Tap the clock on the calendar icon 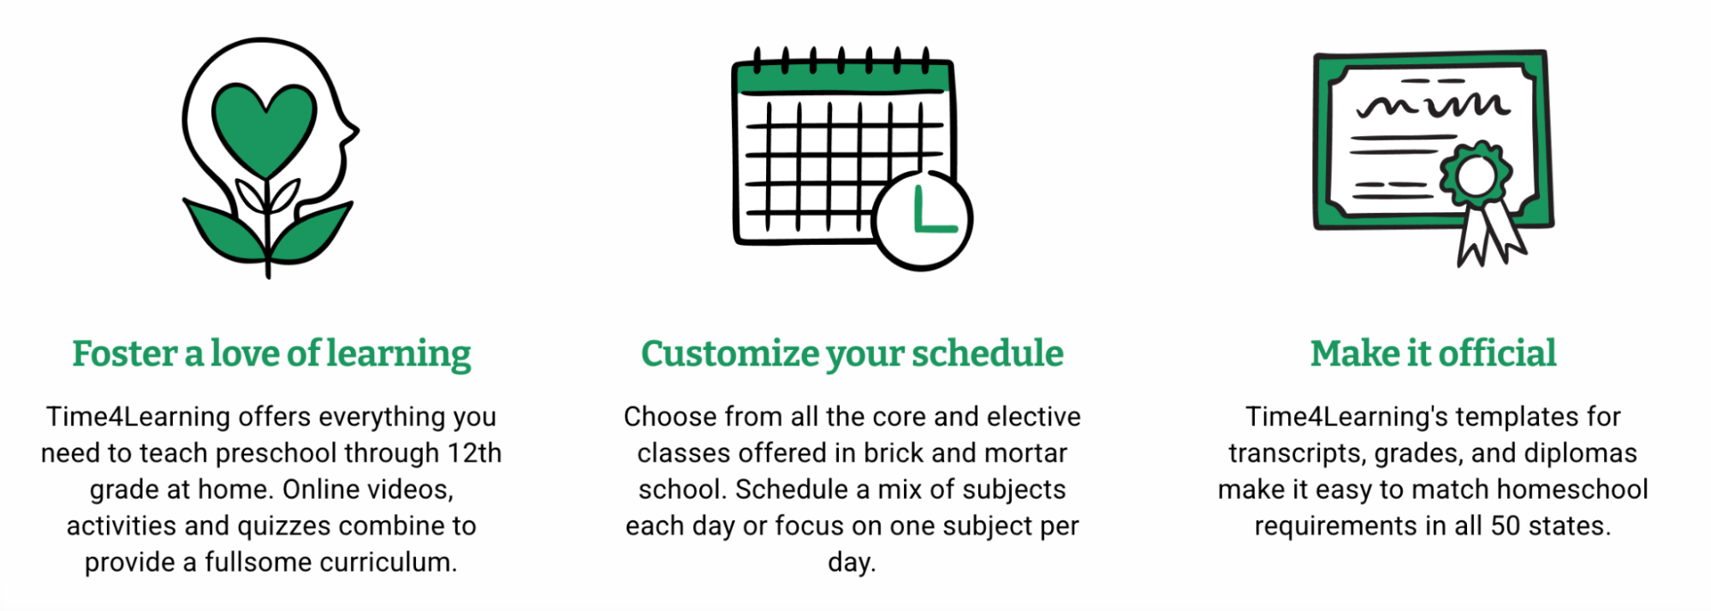click(923, 221)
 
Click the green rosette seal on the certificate click(1475, 176)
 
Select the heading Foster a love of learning click(271, 353)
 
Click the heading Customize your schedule click(853, 353)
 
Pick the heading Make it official click(1434, 353)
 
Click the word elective click(1034, 417)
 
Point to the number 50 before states click(1506, 525)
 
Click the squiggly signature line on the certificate click(1433, 105)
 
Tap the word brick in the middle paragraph click(892, 453)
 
